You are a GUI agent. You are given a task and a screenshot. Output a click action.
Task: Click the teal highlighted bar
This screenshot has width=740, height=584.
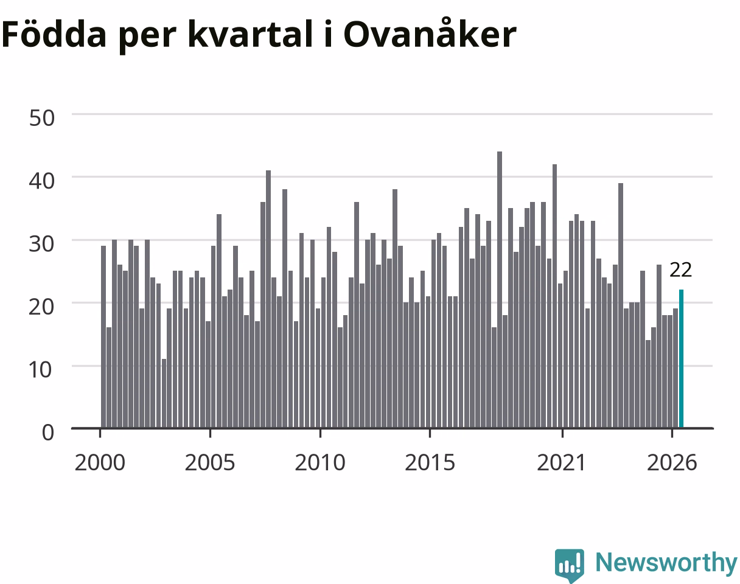[681, 358]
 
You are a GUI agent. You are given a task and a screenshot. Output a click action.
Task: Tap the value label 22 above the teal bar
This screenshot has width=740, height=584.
[680, 270]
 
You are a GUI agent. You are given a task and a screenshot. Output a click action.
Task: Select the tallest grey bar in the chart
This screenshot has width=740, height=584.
[500, 290]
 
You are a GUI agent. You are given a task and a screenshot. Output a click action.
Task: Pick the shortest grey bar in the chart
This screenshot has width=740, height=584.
[164, 393]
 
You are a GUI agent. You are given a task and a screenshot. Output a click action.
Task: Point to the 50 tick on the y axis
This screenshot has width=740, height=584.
[41, 118]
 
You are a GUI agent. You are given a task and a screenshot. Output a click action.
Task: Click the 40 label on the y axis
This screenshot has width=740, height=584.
[41, 181]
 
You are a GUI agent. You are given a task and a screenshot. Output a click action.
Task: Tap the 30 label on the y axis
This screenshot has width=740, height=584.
[41, 244]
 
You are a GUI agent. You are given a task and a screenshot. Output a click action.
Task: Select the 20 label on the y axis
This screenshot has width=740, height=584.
[41, 307]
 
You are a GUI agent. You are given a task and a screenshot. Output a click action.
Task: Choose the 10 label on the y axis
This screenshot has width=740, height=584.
[41, 370]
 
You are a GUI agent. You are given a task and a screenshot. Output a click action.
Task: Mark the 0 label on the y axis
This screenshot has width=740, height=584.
[48, 433]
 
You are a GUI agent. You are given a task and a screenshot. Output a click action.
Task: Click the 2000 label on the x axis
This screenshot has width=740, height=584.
[100, 463]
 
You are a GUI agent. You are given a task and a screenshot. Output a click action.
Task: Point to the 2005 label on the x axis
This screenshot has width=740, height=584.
[210, 463]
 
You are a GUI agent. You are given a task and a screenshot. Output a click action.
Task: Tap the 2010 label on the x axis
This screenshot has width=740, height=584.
[320, 463]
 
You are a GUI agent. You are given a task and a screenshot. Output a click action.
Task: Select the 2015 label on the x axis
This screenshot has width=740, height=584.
[430, 463]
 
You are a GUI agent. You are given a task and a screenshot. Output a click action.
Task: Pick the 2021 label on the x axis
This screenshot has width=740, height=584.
[561, 463]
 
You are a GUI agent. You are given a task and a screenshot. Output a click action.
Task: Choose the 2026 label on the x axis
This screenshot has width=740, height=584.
[672, 463]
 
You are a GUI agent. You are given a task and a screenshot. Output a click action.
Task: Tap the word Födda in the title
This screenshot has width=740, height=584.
[54, 33]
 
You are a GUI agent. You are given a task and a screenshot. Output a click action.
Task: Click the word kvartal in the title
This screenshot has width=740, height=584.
[251, 33]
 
